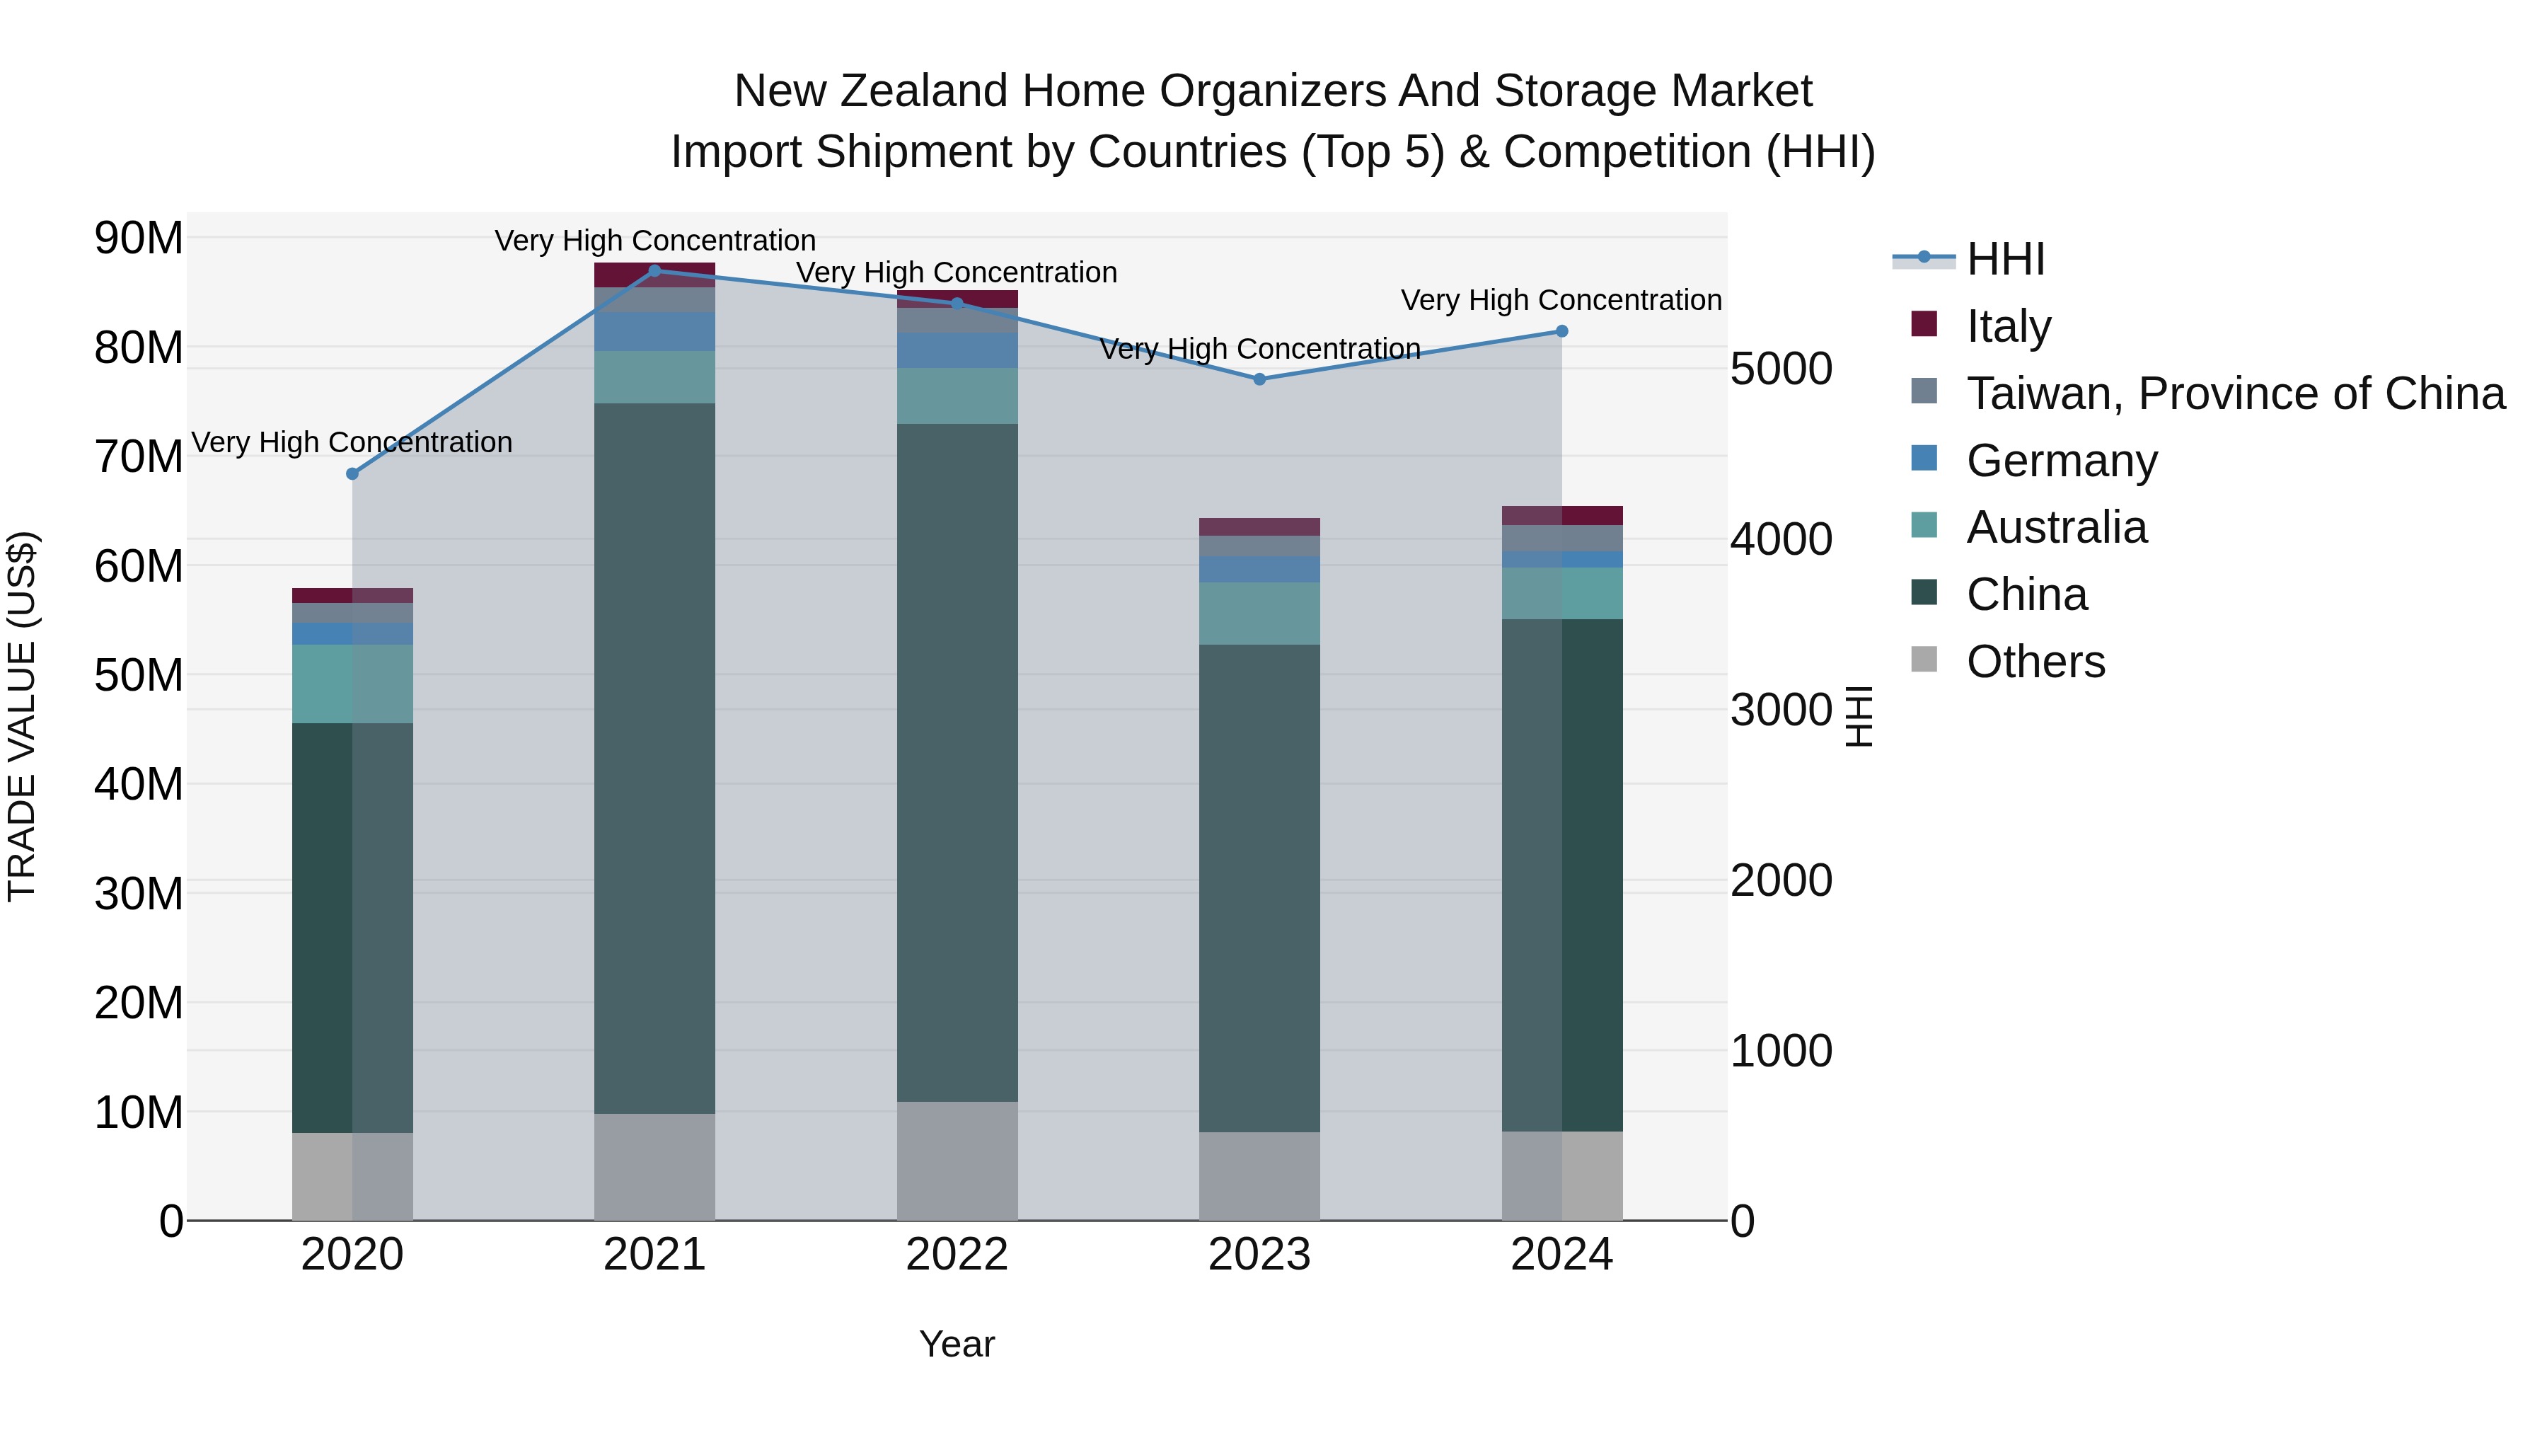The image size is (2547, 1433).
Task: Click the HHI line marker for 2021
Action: click(x=654, y=271)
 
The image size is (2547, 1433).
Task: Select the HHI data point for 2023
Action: click(x=1259, y=379)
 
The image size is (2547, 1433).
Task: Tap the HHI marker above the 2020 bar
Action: click(x=352, y=473)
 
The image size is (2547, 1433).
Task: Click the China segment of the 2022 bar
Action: click(x=957, y=761)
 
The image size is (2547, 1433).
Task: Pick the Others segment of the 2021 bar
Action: click(x=654, y=1167)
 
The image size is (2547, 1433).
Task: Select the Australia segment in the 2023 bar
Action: click(x=1259, y=613)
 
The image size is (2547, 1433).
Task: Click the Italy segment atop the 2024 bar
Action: click(x=1562, y=515)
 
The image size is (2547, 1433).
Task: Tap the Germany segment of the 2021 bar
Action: click(x=654, y=331)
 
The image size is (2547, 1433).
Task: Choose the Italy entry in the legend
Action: click(x=2008, y=326)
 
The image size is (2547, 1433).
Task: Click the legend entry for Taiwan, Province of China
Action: click(x=2234, y=393)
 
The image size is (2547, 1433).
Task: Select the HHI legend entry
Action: click(x=2005, y=259)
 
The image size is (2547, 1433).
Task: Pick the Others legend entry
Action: click(x=2035, y=661)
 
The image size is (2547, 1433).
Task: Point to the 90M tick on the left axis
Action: click(x=139, y=238)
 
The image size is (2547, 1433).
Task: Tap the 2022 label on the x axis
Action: click(x=957, y=1255)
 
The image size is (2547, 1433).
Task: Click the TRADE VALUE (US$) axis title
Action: click(x=22, y=716)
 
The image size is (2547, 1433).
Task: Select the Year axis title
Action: click(x=957, y=1344)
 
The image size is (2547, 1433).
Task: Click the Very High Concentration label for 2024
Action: click(x=1561, y=299)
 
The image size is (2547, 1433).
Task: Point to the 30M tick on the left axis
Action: click(x=139, y=894)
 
